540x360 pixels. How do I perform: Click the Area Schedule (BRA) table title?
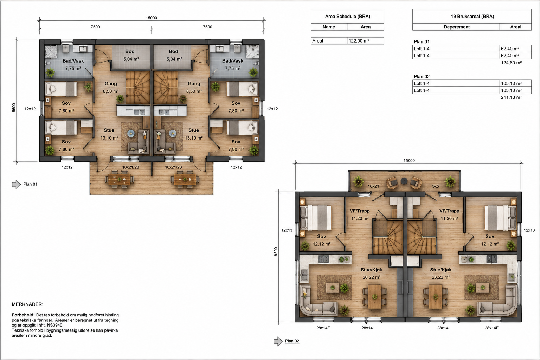coord(347,17)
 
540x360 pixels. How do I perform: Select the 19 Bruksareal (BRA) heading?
coord(472,17)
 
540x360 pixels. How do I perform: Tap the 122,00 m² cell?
coord(359,41)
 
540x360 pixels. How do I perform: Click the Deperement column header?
coord(457,27)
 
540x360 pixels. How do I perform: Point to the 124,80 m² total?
coord(511,63)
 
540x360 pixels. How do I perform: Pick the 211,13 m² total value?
coord(511,97)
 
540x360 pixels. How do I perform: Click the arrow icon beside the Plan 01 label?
coord(17,185)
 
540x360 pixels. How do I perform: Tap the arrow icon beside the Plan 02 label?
coord(278,341)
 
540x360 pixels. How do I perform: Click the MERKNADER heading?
coord(27,304)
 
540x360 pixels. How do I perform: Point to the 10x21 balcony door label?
coord(373,186)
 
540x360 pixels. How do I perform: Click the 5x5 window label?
coord(435,186)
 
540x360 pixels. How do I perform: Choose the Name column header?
coord(329,27)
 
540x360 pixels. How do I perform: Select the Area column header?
coord(366,27)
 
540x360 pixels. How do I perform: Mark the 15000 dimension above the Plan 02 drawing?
coord(409,161)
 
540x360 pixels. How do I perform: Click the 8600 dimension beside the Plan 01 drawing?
coord(14,108)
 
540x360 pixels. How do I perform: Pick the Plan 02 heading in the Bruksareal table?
coord(422,76)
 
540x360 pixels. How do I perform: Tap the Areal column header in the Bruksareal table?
coord(516,27)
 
